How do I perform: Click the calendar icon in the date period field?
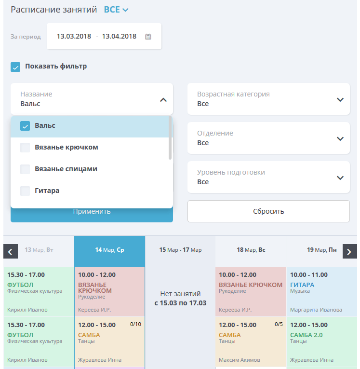point(148,37)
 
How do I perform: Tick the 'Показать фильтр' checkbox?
point(15,67)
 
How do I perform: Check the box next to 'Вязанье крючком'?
point(25,148)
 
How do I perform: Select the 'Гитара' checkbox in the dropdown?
point(25,191)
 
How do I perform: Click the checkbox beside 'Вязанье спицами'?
point(25,169)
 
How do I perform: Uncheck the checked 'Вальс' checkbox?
point(25,126)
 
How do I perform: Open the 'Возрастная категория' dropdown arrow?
point(340,100)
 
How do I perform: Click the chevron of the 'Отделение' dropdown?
point(340,139)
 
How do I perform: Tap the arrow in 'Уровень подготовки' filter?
point(340,178)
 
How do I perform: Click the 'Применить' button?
point(92,215)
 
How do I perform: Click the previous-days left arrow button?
point(11,251)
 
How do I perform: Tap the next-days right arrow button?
point(350,251)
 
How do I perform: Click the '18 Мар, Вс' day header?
point(251,250)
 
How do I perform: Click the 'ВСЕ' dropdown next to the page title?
point(116,10)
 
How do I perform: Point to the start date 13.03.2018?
point(74,36)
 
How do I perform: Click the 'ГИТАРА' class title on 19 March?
point(302,285)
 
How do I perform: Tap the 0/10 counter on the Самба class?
point(136,324)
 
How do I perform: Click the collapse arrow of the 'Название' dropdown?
point(163,100)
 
